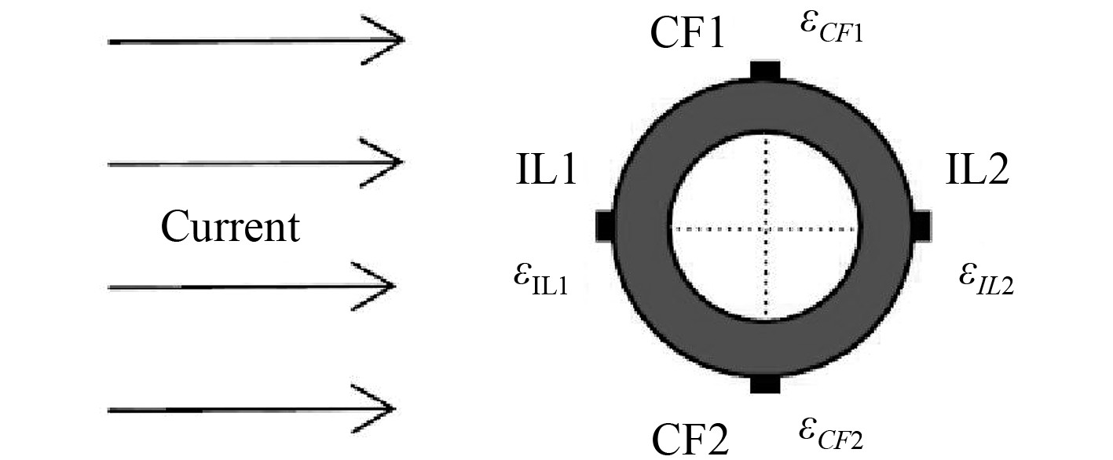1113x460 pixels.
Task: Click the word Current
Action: click(230, 228)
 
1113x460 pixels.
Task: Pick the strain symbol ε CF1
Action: click(831, 28)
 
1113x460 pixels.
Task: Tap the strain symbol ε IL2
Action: click(986, 279)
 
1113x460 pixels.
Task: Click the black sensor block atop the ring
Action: click(764, 71)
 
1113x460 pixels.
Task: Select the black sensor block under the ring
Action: click(764, 383)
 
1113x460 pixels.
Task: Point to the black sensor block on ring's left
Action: click(605, 226)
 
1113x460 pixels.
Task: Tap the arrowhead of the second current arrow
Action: click(393, 163)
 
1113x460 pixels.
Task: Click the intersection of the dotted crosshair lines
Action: click(764, 228)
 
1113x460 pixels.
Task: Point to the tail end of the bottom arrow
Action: click(110, 409)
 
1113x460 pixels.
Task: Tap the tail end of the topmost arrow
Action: click(110, 40)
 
